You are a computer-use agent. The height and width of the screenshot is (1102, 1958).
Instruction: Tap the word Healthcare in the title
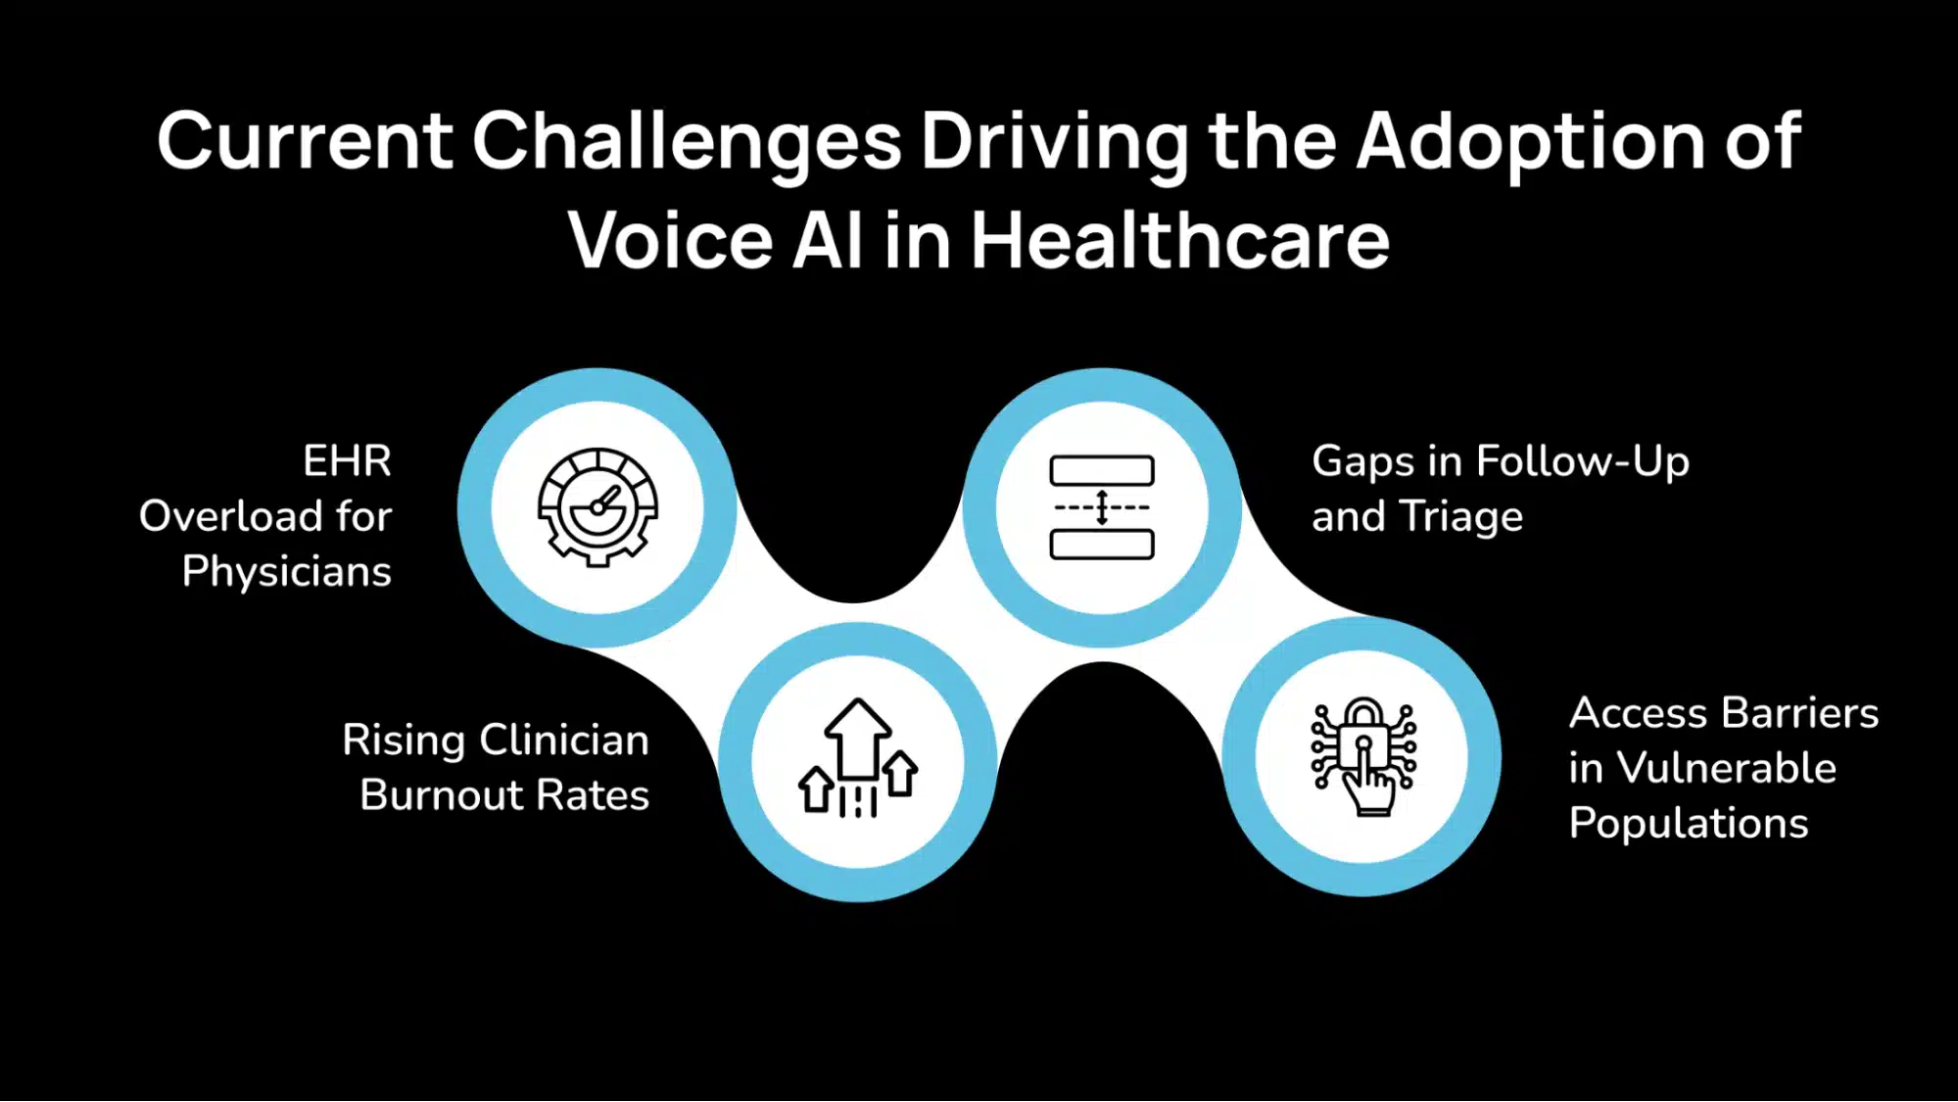click(1179, 239)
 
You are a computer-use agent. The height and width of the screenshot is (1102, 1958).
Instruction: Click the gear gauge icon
click(597, 507)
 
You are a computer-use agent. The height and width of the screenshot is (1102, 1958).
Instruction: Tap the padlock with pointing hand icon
click(1362, 756)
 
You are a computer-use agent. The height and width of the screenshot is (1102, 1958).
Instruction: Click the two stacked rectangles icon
click(1102, 507)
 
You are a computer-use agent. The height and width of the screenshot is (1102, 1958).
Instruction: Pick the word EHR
click(347, 460)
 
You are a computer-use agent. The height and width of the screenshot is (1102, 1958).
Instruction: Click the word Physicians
click(286, 572)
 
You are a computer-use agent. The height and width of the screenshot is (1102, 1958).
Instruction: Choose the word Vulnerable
click(1726, 768)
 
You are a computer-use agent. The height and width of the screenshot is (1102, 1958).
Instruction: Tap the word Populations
click(1688, 824)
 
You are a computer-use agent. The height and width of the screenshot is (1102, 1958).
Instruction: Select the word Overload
click(231, 516)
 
